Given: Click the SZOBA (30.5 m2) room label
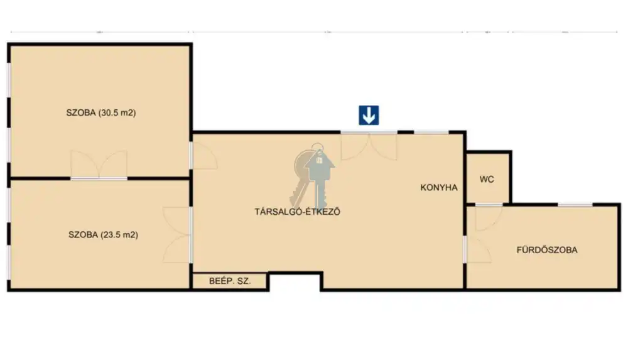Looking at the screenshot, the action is pos(101,112).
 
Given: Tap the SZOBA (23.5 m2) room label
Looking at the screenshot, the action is pos(104,234).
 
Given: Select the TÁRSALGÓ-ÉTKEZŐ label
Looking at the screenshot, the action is pos(298,212).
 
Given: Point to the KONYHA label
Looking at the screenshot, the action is pos(439,187).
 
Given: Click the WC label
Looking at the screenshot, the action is pos(487,179).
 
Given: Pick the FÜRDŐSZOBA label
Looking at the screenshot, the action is pos(547,250).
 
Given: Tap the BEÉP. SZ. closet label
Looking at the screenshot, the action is pos(230,281).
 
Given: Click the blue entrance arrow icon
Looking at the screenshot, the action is pos(369,116).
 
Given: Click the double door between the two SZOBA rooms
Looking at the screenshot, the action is pos(99,165).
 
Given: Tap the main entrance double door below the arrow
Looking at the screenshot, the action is pos(369,146).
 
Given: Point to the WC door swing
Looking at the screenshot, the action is pos(489,217).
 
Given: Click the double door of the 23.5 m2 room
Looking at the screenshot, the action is pos(176,235).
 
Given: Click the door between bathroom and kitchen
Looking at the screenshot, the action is pos(477,249).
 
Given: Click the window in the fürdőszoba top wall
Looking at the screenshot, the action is pos(575,205).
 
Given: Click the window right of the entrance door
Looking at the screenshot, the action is pos(431,132).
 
